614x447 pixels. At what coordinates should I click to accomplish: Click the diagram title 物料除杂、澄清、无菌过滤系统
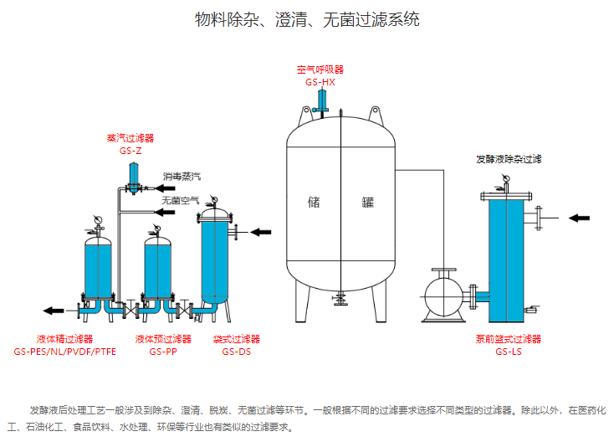click(x=307, y=19)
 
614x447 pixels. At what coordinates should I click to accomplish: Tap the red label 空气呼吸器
click(x=320, y=69)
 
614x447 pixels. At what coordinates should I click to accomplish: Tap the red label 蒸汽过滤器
click(x=130, y=138)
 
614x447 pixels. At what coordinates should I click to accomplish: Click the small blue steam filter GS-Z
click(x=131, y=176)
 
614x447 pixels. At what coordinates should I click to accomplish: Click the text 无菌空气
click(x=181, y=201)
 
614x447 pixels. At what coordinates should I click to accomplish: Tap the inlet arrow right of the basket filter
click(x=580, y=218)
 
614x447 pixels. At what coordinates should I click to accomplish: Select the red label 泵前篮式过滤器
click(x=508, y=339)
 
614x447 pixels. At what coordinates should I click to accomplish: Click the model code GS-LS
click(x=508, y=352)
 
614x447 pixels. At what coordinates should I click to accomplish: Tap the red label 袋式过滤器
click(x=236, y=339)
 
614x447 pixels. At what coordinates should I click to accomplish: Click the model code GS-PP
click(x=163, y=352)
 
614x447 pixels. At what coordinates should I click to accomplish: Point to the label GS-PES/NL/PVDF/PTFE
click(x=64, y=352)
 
